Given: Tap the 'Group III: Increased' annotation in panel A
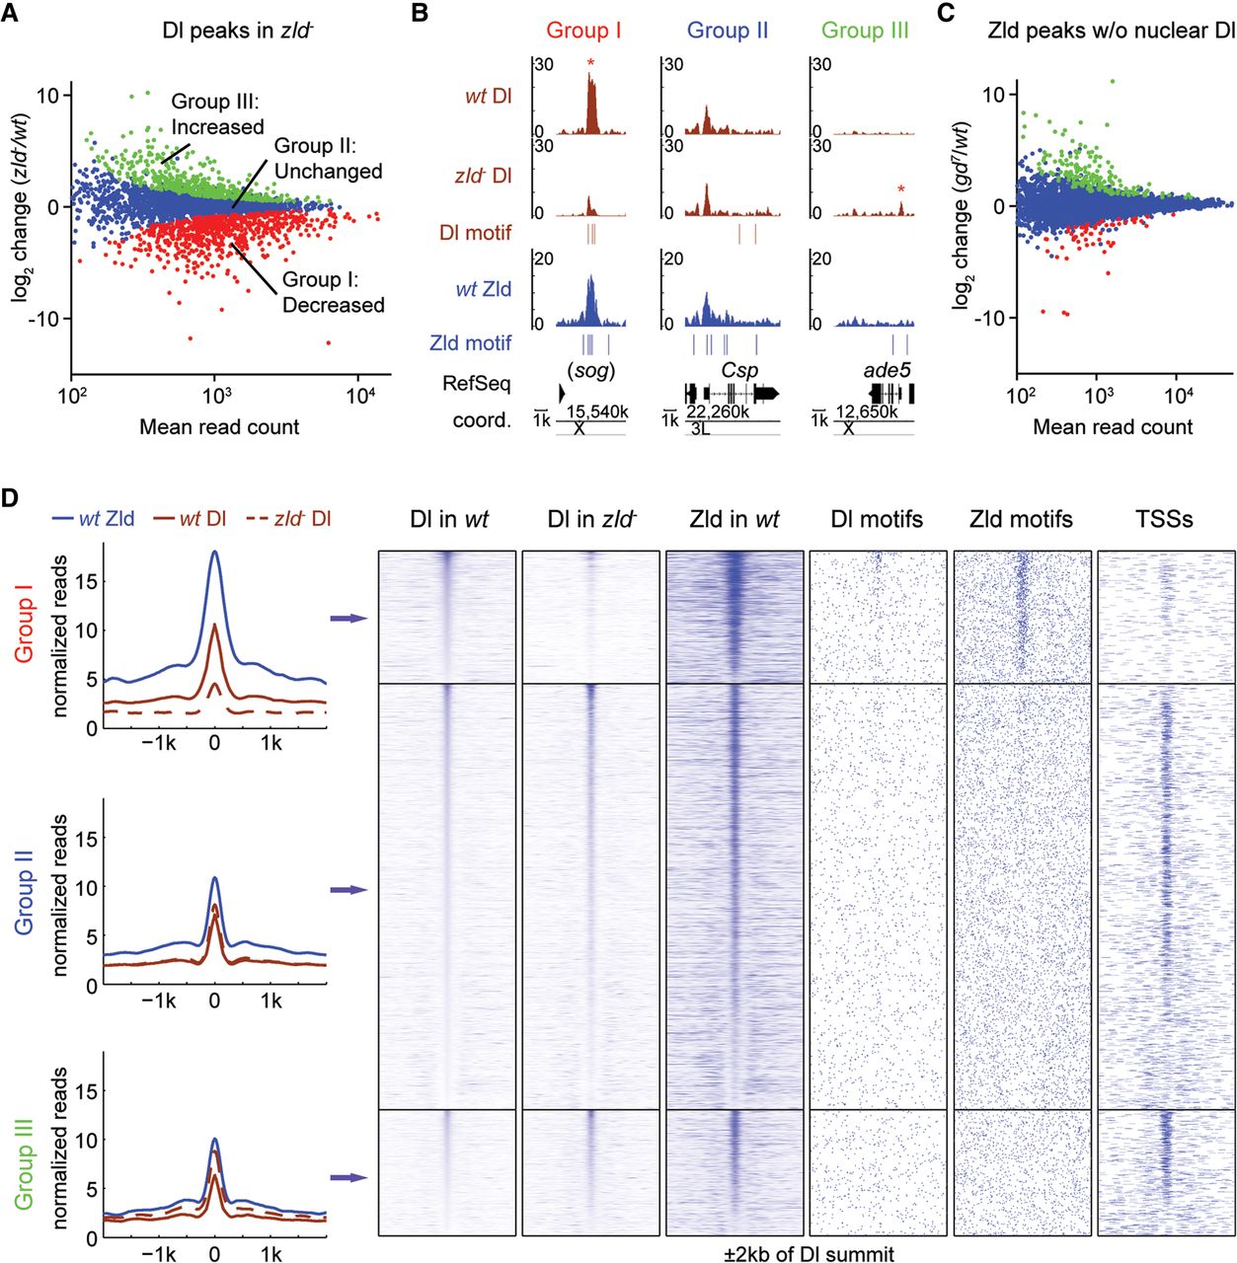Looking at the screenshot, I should coord(217,113).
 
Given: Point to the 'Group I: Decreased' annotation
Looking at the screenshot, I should coord(333,292).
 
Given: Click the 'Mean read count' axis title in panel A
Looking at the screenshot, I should coord(219,427).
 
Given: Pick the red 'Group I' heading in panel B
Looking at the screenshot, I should coord(583,31).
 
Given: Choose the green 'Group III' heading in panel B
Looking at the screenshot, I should coord(865,31).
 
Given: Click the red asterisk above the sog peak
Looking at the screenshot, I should coord(590,64).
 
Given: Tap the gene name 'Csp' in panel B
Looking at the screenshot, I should coord(739,371).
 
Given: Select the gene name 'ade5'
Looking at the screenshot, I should coord(887,371).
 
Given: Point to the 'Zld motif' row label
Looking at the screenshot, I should coord(470,343).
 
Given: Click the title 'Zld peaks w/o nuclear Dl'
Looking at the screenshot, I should coord(1112,31).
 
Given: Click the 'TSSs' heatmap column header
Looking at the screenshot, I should coord(1165,519).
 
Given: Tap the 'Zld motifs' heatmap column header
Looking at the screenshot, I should coord(1021,519).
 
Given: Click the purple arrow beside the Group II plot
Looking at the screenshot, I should coord(348,890).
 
